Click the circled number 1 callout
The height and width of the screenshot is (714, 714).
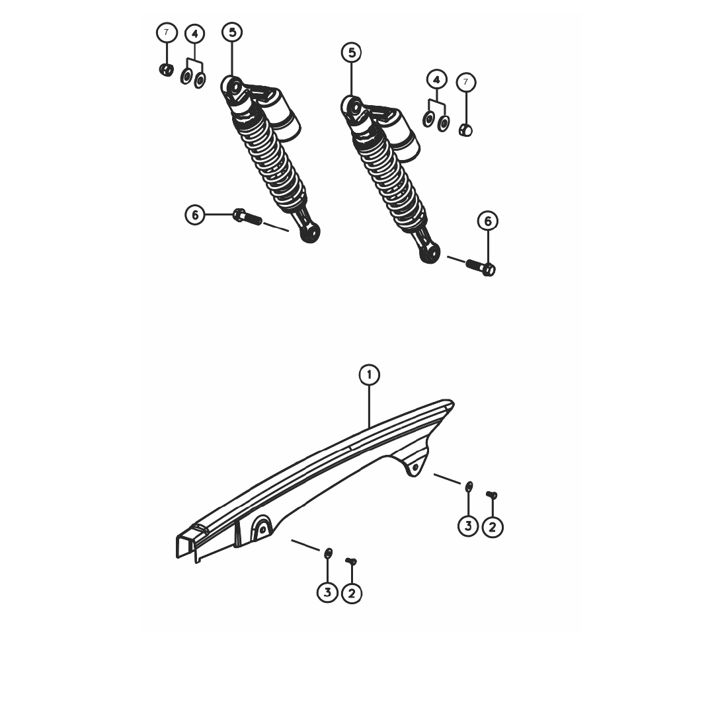click(369, 375)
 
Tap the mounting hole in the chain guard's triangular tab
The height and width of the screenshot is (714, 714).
click(415, 467)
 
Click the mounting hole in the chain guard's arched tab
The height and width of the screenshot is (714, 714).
click(262, 530)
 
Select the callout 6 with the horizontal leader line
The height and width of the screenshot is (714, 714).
click(195, 214)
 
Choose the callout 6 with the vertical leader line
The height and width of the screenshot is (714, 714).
click(488, 221)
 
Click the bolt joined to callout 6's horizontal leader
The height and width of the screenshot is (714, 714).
click(247, 217)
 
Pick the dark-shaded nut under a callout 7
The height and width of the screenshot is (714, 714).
click(166, 69)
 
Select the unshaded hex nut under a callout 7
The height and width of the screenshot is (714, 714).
click(465, 130)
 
